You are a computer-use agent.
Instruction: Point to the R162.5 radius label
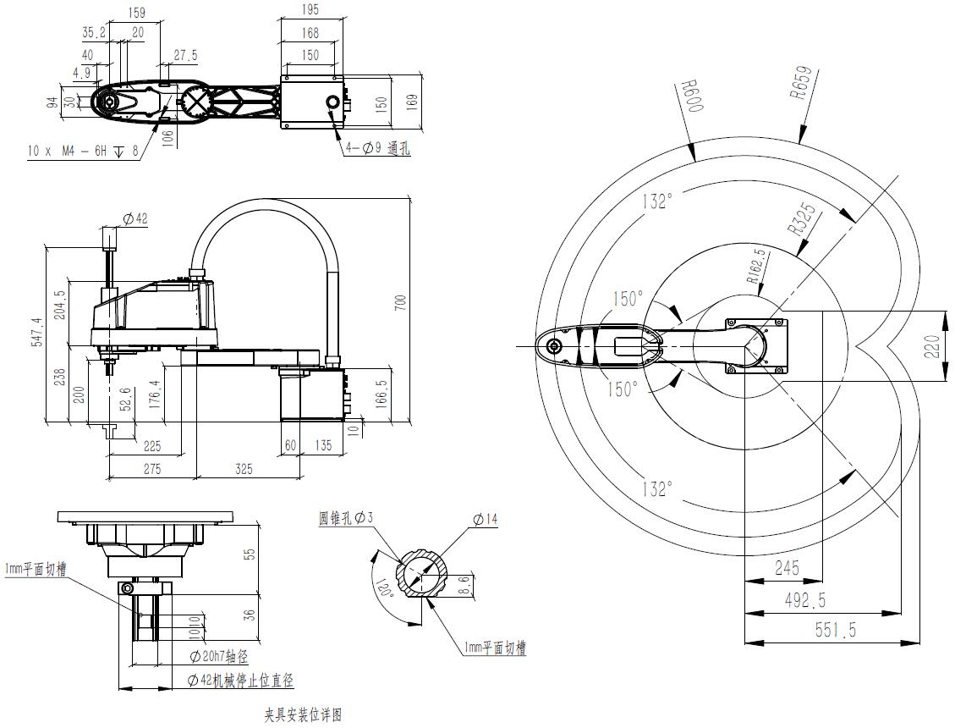pyautogui.click(x=756, y=264)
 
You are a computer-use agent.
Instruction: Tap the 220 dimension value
pyautogui.click(x=930, y=345)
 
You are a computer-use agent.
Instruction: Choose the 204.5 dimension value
pyautogui.click(x=58, y=305)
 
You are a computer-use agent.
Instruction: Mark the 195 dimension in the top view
pyautogui.click(x=311, y=8)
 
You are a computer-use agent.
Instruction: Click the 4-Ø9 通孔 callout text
pyautogui.click(x=377, y=149)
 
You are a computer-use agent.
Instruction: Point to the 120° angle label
pyautogui.click(x=385, y=588)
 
